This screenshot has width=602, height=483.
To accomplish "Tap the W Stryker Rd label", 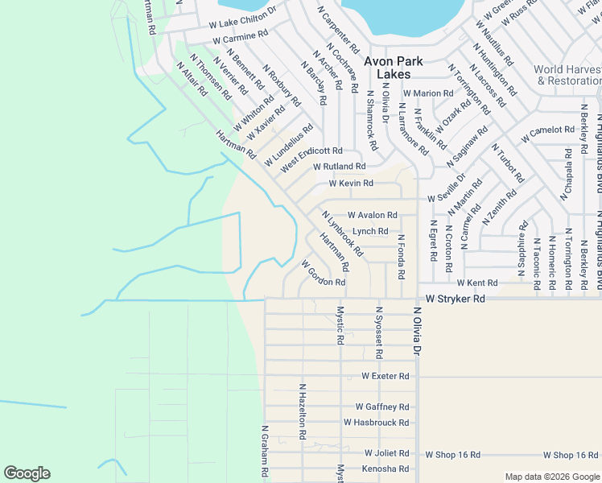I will [x=456, y=299].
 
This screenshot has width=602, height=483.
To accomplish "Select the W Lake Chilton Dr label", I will [x=242, y=19].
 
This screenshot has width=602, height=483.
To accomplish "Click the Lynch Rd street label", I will [x=370, y=231].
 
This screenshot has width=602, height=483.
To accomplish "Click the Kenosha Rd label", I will [x=386, y=469].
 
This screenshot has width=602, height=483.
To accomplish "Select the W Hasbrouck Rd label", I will [x=377, y=422].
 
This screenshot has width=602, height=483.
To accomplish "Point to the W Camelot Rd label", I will [x=546, y=134].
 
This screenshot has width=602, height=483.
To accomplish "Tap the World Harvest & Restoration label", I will [x=567, y=75].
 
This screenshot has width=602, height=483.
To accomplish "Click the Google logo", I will [x=27, y=473].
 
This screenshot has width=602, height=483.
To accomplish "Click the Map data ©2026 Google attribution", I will [x=551, y=476].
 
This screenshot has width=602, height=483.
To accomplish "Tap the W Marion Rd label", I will [x=428, y=93].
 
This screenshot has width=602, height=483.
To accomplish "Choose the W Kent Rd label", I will [x=477, y=283].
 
